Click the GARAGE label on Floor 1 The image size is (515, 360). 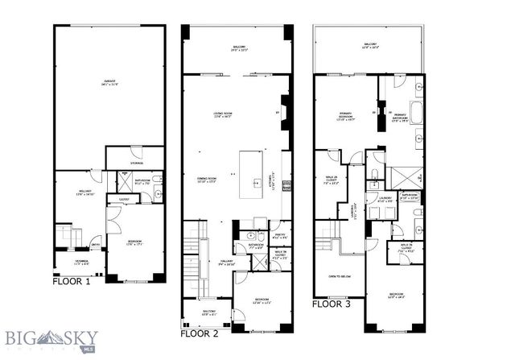(x=109, y=82)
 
